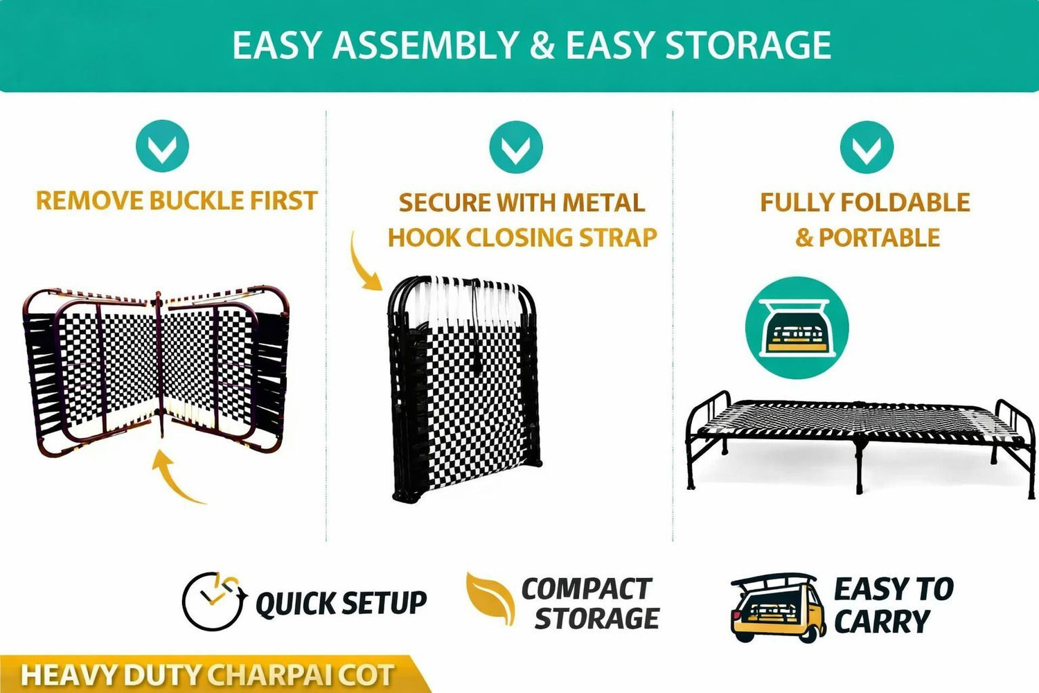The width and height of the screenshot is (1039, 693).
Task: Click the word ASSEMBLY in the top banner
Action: (425, 45)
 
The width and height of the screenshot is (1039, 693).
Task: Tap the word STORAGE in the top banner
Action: (748, 45)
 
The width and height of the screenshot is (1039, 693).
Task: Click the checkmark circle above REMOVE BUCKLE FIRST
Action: (162, 146)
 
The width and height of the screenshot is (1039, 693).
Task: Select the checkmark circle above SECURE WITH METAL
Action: (516, 147)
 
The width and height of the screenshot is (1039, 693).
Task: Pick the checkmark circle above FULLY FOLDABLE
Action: (867, 147)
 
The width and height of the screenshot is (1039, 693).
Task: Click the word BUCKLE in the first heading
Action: (197, 200)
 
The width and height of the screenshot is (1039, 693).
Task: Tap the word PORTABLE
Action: (879, 238)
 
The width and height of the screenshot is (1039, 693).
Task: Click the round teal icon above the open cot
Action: (797, 328)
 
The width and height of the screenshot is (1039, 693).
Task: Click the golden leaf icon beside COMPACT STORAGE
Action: (490, 599)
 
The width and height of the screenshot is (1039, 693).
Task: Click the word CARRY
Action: (882, 621)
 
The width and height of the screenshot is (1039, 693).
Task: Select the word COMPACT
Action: (587, 589)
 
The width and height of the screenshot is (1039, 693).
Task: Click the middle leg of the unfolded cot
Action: (860, 466)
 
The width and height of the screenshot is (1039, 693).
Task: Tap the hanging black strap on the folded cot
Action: (475, 325)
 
